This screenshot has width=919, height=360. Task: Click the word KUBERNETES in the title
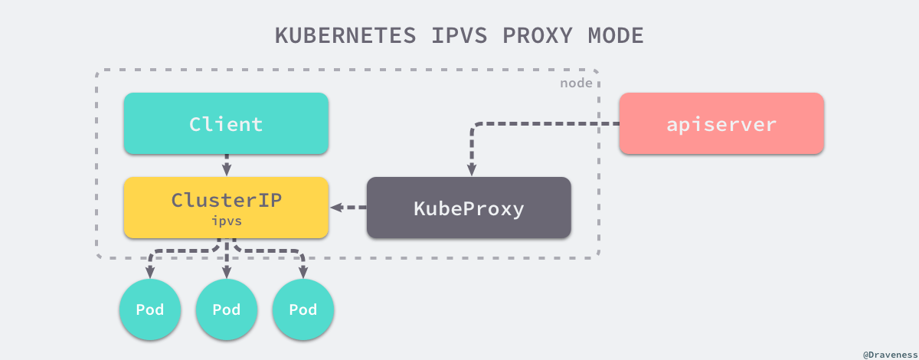tap(345, 35)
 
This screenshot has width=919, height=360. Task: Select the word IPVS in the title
tap(459, 35)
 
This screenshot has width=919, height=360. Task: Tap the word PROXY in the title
tap(538, 35)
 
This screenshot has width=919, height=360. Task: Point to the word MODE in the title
tap(616, 35)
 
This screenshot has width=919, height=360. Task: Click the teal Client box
tap(226, 123)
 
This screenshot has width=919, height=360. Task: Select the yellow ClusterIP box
tap(226, 208)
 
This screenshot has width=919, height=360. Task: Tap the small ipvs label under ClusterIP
tap(227, 221)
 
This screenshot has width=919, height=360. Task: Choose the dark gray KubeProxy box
tap(469, 208)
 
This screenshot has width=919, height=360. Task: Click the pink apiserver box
tap(721, 123)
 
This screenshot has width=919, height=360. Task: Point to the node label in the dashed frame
tap(576, 83)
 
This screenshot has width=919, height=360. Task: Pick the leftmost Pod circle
tap(150, 309)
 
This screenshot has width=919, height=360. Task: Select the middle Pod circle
tap(227, 309)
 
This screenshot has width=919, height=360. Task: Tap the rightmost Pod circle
tap(303, 309)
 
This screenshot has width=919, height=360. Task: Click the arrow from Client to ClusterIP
tap(227, 165)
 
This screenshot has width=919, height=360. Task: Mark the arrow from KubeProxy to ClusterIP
tap(348, 208)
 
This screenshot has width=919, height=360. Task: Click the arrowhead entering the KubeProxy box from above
tap(472, 169)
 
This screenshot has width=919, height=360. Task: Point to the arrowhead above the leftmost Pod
tap(150, 272)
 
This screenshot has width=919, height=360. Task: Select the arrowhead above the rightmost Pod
tap(303, 272)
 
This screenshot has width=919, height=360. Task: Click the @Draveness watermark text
tap(890, 355)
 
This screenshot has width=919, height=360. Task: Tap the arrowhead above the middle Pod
tap(227, 272)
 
